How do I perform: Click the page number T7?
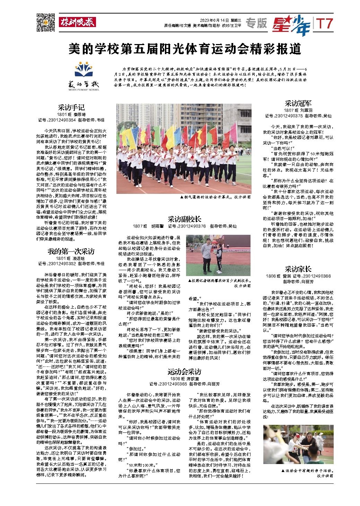click(325, 24)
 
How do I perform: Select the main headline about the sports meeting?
click(184, 49)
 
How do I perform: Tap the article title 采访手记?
click(71, 108)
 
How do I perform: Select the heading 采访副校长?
click(184, 219)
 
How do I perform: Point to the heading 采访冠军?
click(298, 103)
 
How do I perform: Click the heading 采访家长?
click(298, 269)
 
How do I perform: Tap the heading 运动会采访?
click(184, 372)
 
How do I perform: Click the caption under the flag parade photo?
click(215, 197)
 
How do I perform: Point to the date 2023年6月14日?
click(214, 19)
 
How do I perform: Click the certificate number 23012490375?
click(284, 116)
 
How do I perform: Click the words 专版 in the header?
click(256, 23)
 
